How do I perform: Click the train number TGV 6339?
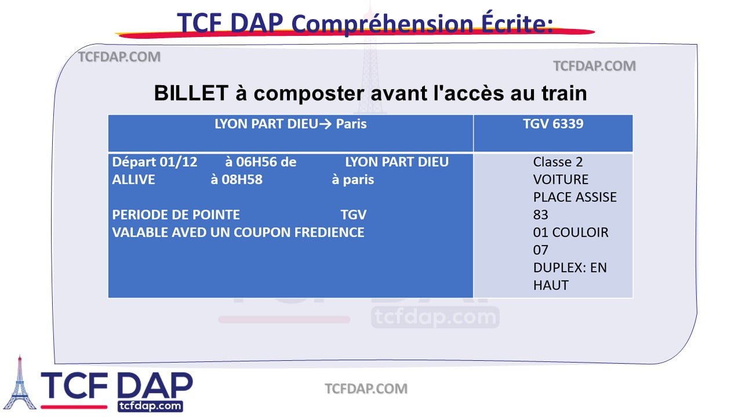(552, 124)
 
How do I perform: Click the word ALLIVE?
(133, 180)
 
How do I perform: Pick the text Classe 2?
(558, 162)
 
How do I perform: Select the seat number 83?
(540, 215)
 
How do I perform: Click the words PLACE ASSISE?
(574, 197)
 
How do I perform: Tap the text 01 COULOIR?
(570, 233)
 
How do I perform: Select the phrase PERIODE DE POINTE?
(176, 215)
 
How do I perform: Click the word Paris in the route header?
(351, 124)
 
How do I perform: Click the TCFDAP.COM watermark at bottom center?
(366, 389)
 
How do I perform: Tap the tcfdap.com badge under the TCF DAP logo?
(150, 406)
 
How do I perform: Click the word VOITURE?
(561, 180)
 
